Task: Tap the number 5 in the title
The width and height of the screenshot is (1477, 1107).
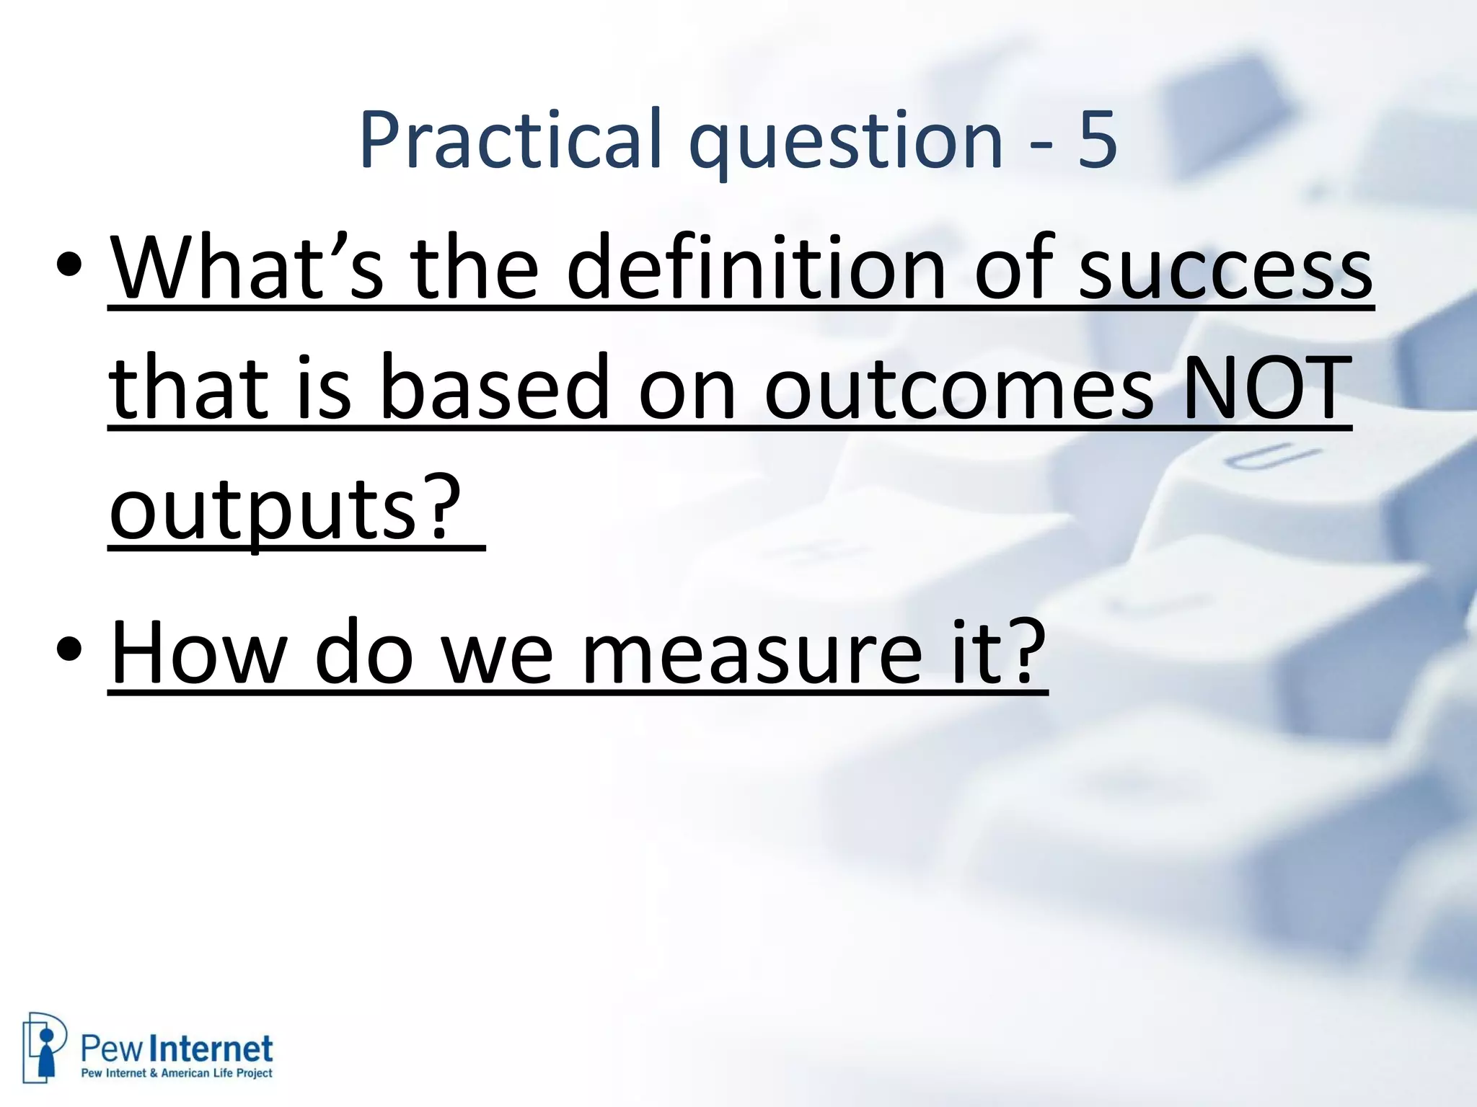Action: point(1097,141)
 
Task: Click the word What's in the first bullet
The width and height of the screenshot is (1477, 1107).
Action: point(245,268)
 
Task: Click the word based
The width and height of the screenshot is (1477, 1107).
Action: point(495,389)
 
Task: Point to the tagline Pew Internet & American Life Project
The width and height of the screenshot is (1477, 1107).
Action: point(177,1073)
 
